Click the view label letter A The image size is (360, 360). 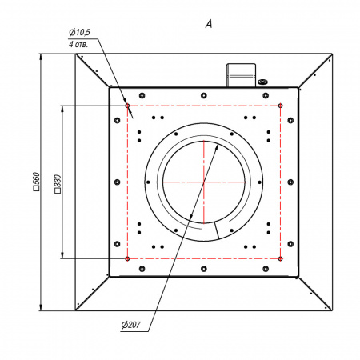209,24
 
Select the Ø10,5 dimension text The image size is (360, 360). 79,33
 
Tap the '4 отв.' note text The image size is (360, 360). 78,44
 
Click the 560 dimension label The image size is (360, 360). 36,182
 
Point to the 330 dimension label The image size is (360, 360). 58,184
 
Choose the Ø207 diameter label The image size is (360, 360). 130,325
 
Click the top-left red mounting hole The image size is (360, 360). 127,106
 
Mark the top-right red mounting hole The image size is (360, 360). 280,106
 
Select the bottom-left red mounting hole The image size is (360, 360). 127,258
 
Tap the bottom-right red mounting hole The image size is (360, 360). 280,258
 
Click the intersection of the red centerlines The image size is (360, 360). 204,182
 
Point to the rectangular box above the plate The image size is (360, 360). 241,75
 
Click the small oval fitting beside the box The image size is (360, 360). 262,82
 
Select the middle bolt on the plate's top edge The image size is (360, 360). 204,95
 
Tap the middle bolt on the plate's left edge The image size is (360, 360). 117,182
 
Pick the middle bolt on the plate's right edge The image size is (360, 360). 290,182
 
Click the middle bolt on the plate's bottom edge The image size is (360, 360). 204,269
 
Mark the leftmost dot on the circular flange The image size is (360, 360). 148,182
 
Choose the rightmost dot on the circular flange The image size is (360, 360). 259,182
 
